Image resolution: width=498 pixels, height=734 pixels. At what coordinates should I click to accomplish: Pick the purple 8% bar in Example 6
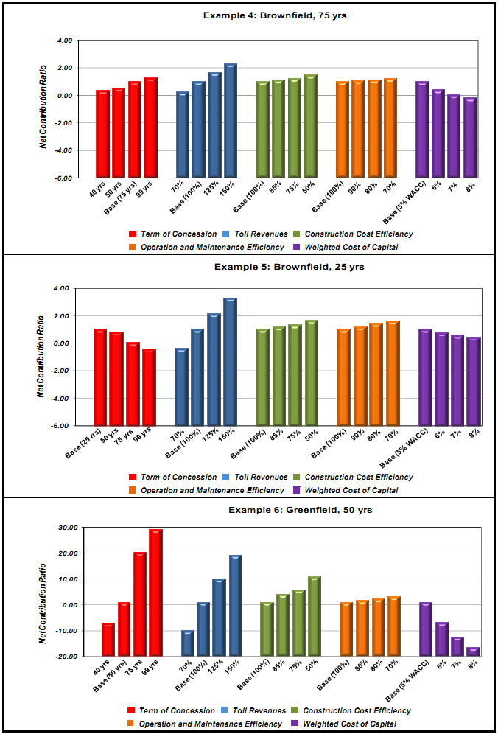click(474, 651)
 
